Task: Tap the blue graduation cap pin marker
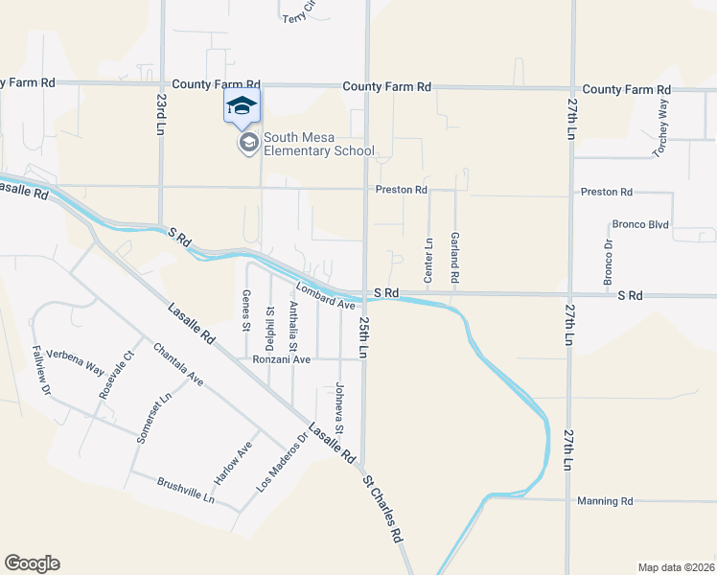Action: click(x=243, y=106)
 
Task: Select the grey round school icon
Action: click(x=248, y=144)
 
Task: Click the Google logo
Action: click(x=32, y=563)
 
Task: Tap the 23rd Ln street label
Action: click(x=160, y=112)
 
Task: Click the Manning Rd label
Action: click(x=606, y=501)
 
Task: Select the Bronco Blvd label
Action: click(x=639, y=225)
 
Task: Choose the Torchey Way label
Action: click(x=660, y=127)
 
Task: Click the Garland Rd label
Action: click(x=455, y=257)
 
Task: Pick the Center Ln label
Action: click(x=428, y=260)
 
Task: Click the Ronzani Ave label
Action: click(x=282, y=360)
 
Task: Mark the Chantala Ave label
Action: click(x=177, y=366)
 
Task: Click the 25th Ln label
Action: click(x=364, y=337)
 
